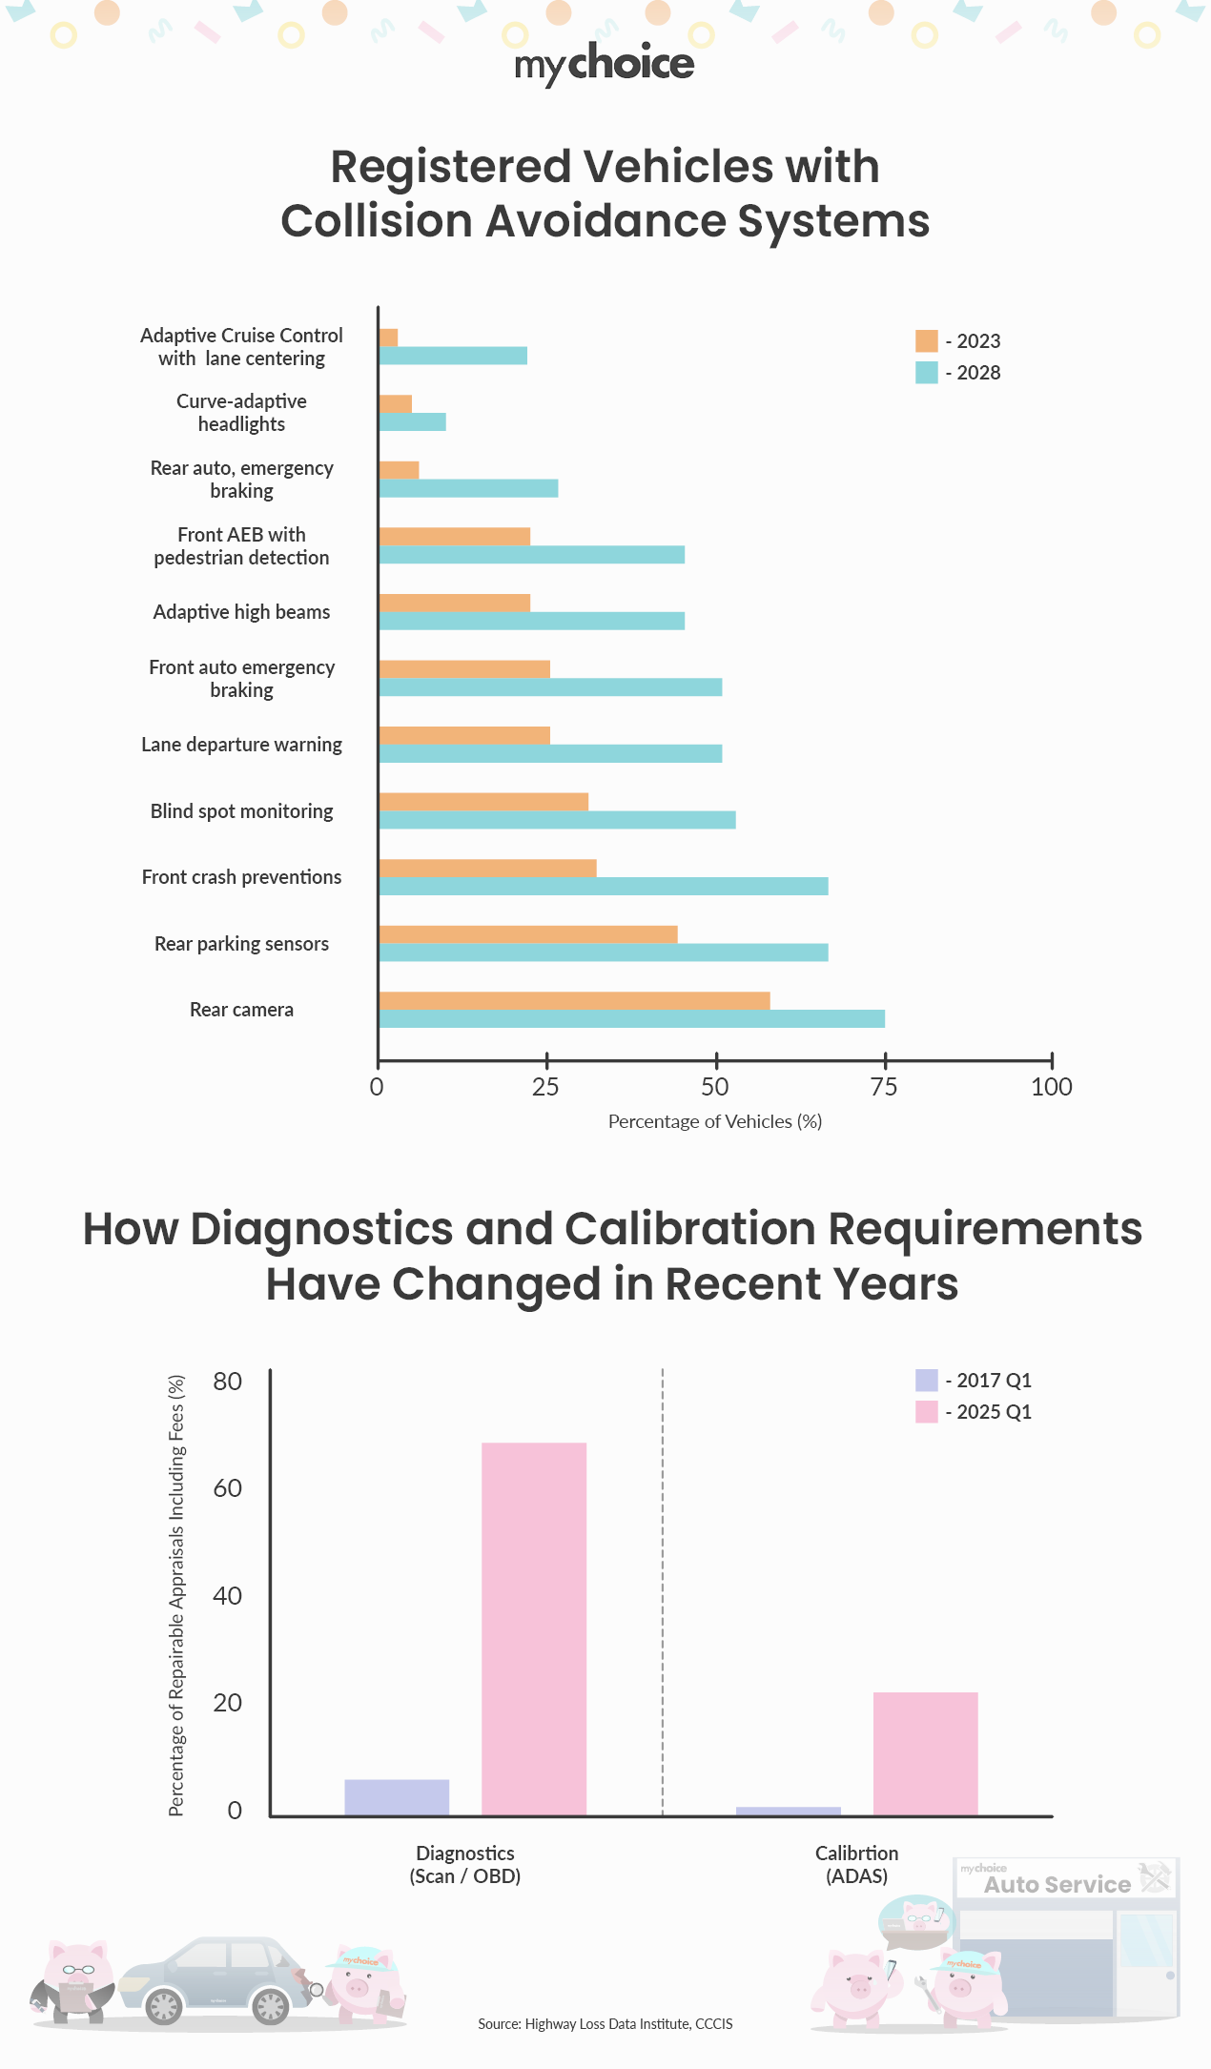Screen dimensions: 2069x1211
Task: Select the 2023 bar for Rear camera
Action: click(x=574, y=1000)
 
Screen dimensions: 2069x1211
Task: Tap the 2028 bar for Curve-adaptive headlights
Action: click(x=412, y=422)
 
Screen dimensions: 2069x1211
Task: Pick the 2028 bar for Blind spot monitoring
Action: click(x=557, y=820)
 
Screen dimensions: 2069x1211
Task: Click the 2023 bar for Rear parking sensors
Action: click(x=527, y=934)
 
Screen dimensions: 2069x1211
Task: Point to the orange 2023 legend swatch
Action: click(x=926, y=341)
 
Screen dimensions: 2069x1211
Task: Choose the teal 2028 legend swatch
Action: click(x=926, y=373)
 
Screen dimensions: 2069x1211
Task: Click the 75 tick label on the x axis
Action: click(x=884, y=1087)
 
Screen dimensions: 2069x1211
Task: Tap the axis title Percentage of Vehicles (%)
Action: click(x=715, y=1121)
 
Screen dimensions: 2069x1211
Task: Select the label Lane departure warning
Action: click(x=241, y=745)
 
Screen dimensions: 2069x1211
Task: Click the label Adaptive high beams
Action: click(x=241, y=612)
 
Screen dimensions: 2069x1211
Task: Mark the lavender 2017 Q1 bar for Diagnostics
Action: click(x=397, y=1797)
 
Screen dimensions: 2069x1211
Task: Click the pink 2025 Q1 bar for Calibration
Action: click(x=925, y=1753)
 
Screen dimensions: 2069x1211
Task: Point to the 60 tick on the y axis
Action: click(x=228, y=1488)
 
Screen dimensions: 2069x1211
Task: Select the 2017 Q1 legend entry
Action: click(x=982, y=1381)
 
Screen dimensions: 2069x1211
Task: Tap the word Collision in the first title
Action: click(x=376, y=221)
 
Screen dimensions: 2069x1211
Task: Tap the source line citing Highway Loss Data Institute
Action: click(x=605, y=2023)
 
